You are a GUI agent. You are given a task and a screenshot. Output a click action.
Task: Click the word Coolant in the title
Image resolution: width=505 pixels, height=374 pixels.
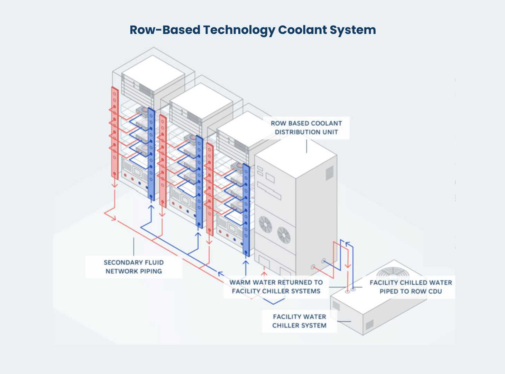302,30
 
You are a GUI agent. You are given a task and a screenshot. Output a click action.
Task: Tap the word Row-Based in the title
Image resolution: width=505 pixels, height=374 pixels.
165,30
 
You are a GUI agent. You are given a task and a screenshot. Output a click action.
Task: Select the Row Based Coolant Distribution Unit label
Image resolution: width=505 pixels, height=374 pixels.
306,127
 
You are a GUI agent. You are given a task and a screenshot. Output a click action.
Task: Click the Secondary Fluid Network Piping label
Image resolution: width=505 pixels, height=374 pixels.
134,267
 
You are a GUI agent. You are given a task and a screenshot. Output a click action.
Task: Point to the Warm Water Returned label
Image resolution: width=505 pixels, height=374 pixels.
276,287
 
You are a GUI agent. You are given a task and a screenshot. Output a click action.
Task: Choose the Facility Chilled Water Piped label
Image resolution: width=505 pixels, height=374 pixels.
411,287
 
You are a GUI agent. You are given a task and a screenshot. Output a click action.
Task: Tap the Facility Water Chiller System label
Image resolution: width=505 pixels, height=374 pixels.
299,321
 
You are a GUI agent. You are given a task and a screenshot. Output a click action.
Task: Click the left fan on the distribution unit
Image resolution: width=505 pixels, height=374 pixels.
266,224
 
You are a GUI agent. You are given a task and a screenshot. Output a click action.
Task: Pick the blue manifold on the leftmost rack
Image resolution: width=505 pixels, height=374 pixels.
151,152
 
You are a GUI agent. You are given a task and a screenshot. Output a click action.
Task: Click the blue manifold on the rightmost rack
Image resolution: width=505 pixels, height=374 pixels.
246,210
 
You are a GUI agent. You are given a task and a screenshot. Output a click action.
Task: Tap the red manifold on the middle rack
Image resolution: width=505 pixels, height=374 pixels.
163,161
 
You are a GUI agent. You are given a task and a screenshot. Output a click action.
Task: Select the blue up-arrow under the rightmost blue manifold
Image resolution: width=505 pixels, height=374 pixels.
246,264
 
